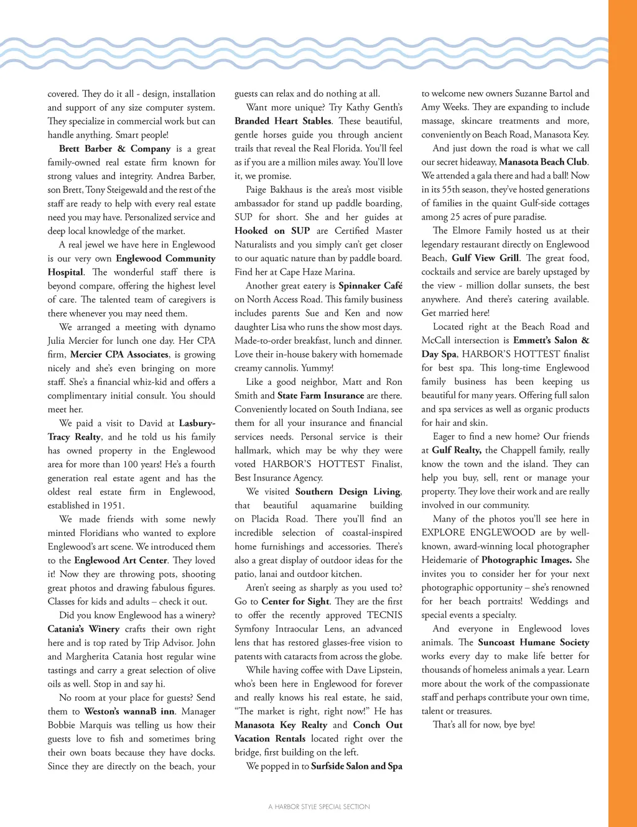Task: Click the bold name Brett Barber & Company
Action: pyautogui.click(x=114, y=149)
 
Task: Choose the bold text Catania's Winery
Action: pyautogui.click(x=83, y=629)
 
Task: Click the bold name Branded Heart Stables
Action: pyautogui.click(x=283, y=121)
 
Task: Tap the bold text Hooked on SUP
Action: pyautogui.click(x=272, y=231)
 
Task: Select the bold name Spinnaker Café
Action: pyautogui.click(x=370, y=285)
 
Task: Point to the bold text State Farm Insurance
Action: pyautogui.click(x=320, y=395)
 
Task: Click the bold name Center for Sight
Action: pyautogui.click(x=295, y=601)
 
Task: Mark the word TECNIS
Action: pyautogui.click(x=384, y=615)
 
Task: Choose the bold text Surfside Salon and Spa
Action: pyautogui.click(x=356, y=766)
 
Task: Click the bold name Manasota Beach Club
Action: pyautogui.click(x=542, y=162)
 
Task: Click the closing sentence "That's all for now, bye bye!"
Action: pyautogui.click(x=483, y=724)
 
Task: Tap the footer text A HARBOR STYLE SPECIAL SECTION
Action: pyautogui.click(x=319, y=806)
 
